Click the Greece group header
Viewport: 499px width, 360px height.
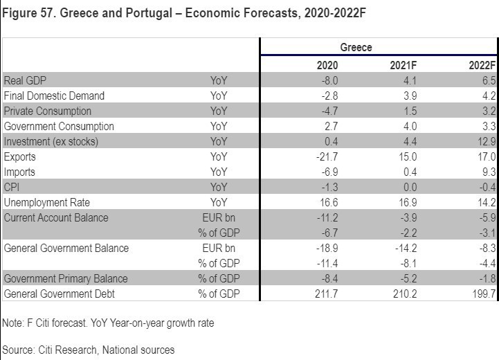[x=356, y=48]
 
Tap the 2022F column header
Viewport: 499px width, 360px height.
[x=482, y=65]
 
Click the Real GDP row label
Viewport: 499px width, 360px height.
[x=25, y=80]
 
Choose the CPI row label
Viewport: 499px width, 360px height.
[x=12, y=187]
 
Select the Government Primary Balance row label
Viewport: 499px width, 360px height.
[x=65, y=279]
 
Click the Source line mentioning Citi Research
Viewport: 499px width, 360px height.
[x=89, y=349]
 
